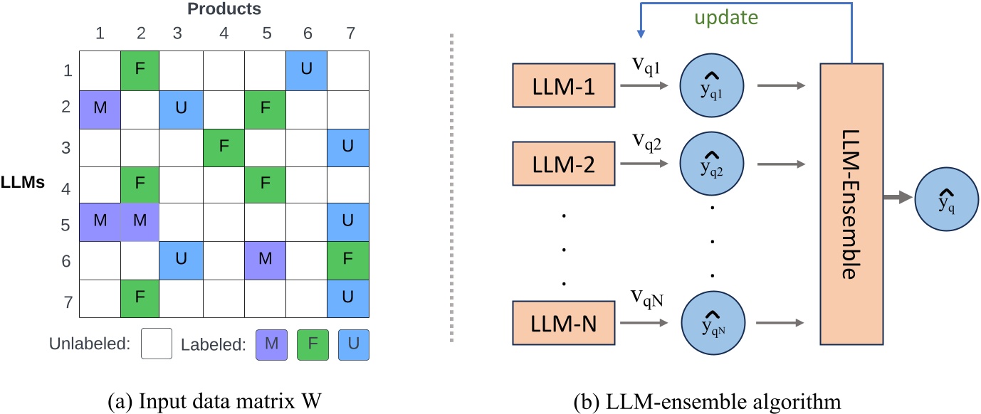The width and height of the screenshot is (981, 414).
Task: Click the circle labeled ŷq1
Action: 711,86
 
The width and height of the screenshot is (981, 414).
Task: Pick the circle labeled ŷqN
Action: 711,324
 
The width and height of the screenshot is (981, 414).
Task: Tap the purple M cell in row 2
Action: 99,110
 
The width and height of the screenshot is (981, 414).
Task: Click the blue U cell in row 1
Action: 308,71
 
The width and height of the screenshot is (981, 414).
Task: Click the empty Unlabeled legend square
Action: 157,346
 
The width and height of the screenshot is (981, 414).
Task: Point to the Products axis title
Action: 224,9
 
